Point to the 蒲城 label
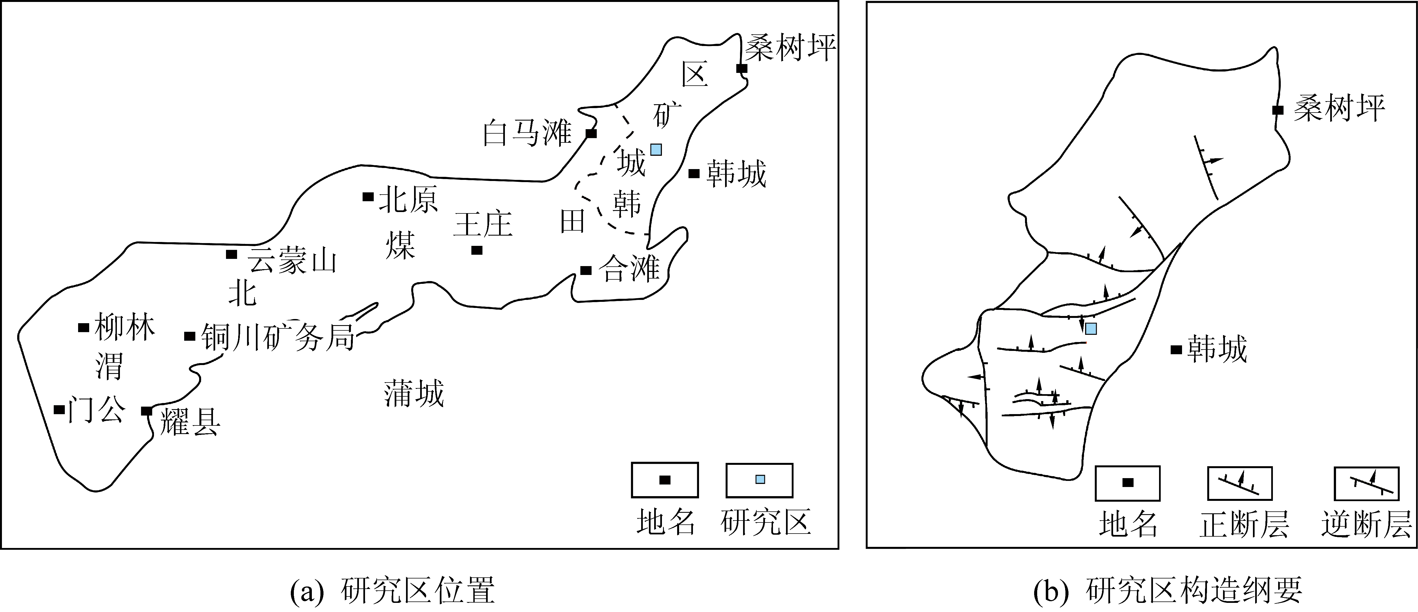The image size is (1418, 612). coord(414,394)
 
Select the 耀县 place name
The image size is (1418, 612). coord(190,423)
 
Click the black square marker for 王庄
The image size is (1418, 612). coord(477,250)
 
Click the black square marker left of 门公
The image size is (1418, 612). coord(59,409)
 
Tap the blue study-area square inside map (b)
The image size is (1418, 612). coord(1090,329)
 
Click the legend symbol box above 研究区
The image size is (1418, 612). coord(760,480)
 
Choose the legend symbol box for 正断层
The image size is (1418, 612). coord(1240,483)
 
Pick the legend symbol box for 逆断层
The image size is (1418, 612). coord(1366,483)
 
